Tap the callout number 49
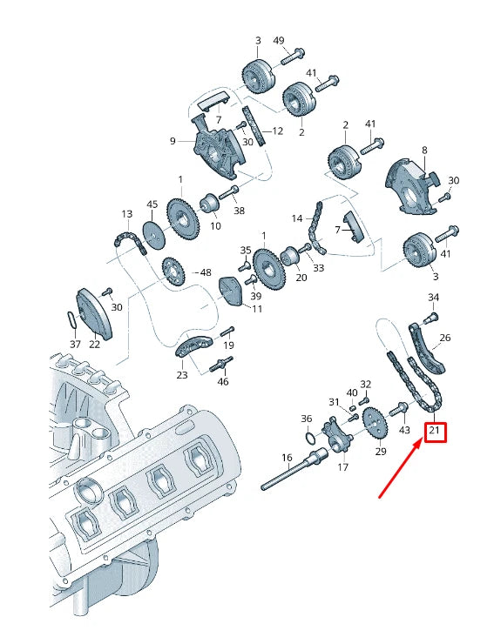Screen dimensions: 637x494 (x=278, y=41)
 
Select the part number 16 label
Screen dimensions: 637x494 (x=287, y=458)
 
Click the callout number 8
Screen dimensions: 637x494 (x=424, y=151)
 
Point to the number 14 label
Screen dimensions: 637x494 (x=296, y=218)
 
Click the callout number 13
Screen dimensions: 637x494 (x=126, y=214)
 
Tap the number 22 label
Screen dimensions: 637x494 (x=94, y=344)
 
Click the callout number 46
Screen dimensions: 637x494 (x=223, y=382)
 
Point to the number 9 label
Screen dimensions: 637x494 (x=173, y=141)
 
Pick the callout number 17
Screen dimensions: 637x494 (x=342, y=466)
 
